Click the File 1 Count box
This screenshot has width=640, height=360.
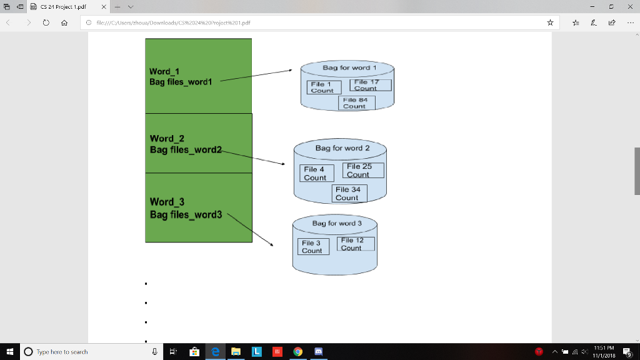pyautogui.click(x=323, y=87)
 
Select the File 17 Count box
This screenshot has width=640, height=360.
pyautogui.click(x=370, y=85)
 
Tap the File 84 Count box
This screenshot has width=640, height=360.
pyautogui.click(x=356, y=102)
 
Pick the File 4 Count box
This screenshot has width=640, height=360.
pyautogui.click(x=315, y=173)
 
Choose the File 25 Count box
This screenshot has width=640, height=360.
pyautogui.click(x=362, y=170)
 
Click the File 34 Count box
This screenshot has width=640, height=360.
pyautogui.click(x=349, y=193)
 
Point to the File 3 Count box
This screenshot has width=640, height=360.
pyautogui.click(x=312, y=246)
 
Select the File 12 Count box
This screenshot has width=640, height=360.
pyautogui.click(x=356, y=244)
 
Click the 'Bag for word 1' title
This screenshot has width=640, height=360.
pyautogui.click(x=349, y=67)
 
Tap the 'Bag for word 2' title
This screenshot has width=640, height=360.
pyautogui.click(x=342, y=148)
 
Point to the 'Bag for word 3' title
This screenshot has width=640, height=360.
pyautogui.click(x=337, y=223)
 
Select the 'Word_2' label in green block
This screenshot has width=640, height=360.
pyautogui.click(x=167, y=138)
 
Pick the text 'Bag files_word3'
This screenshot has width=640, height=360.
pyautogui.click(x=186, y=215)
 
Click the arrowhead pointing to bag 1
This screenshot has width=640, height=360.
pyautogui.click(x=290, y=71)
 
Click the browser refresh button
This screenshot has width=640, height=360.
pyautogui.click(x=46, y=22)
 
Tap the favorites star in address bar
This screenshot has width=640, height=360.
pyautogui.click(x=550, y=22)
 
